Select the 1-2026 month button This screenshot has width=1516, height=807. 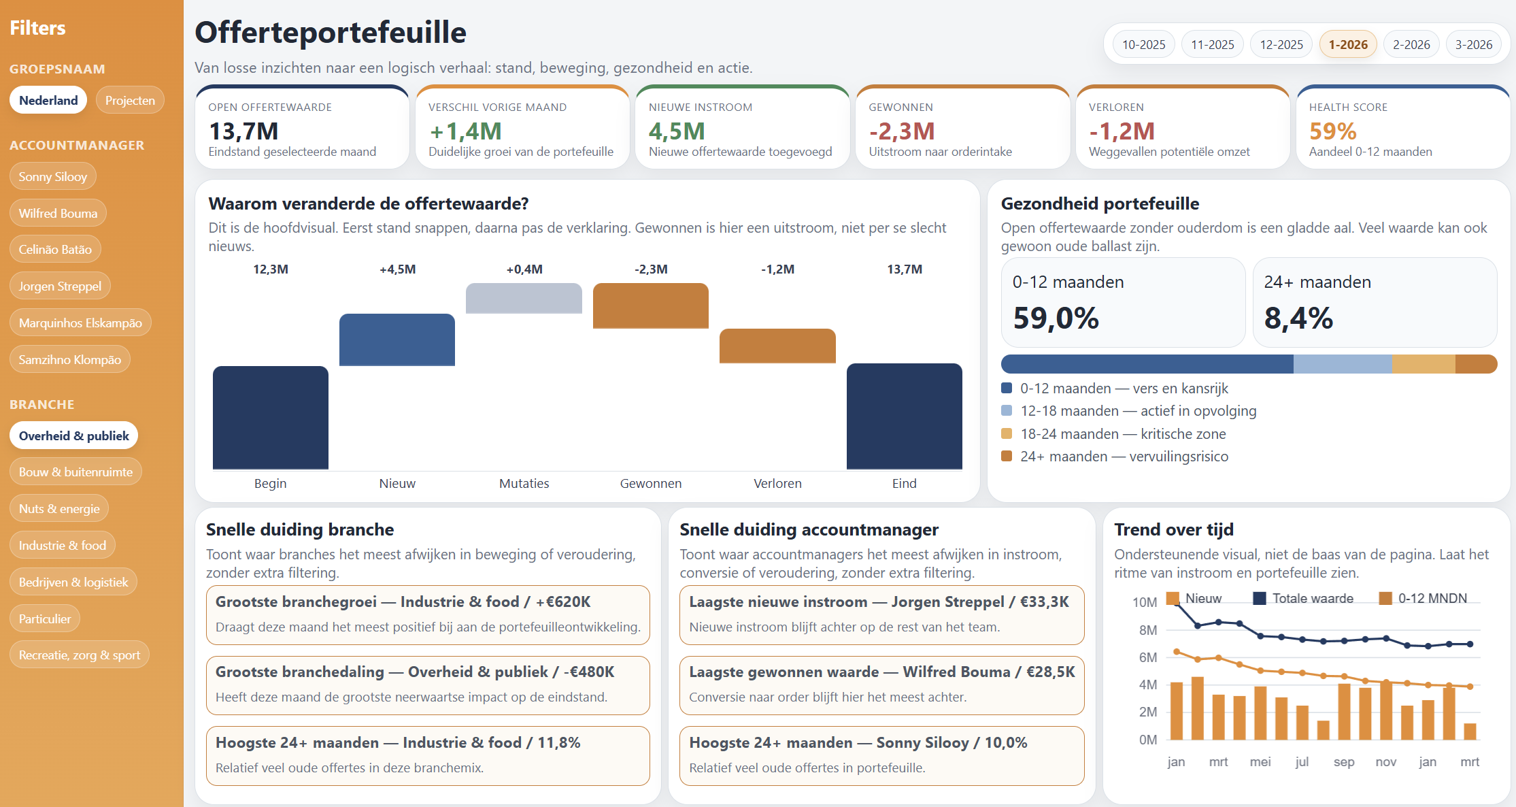1347,45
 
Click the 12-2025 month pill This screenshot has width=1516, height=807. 1281,45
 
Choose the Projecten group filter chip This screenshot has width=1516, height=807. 130,101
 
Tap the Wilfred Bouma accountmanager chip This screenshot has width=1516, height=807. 58,213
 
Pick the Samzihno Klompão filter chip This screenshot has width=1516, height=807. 69,359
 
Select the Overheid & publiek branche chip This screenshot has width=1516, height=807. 73,435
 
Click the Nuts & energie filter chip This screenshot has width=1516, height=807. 59,508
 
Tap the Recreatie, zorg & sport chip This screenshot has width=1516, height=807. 79,655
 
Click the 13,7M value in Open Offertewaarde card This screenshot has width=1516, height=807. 243,131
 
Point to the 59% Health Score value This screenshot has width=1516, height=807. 1332,131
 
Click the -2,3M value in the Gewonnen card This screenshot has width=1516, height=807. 901,131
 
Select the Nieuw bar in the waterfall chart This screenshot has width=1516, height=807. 397,340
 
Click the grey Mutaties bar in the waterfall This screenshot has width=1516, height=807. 524,298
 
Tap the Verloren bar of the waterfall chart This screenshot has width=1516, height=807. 777,346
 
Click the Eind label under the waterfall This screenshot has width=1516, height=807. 904,483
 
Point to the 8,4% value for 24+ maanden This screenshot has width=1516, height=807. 1298,318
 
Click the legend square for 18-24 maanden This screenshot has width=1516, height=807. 1007,433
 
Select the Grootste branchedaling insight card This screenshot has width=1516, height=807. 428,685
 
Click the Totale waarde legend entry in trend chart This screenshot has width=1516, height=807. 1303,598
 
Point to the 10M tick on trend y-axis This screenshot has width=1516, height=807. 1144,602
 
